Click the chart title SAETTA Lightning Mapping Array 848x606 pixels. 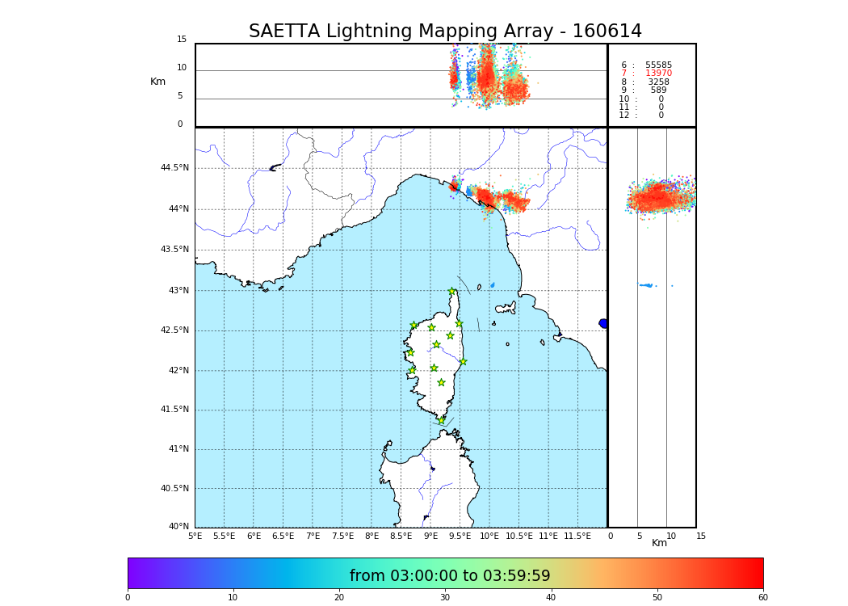tap(445, 32)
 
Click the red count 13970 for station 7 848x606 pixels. tap(658, 74)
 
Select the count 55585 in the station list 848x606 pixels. tap(658, 65)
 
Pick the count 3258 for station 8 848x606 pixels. tap(658, 82)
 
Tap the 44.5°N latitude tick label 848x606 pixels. tap(174, 168)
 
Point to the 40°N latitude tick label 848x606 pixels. tap(178, 527)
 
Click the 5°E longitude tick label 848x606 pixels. tap(195, 536)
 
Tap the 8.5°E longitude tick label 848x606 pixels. tap(401, 536)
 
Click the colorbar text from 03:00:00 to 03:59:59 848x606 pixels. tap(450, 576)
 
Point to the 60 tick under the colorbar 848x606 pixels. tap(762, 598)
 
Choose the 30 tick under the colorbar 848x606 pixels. tap(445, 598)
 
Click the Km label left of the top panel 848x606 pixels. tap(157, 82)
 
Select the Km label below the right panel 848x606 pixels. tap(659, 544)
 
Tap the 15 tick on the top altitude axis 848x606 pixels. tap(182, 40)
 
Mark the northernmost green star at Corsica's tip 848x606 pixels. tap(452, 292)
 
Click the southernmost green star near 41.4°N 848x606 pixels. tap(441, 420)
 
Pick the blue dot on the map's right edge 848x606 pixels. tap(603, 323)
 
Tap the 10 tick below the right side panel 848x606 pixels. tap(671, 536)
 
